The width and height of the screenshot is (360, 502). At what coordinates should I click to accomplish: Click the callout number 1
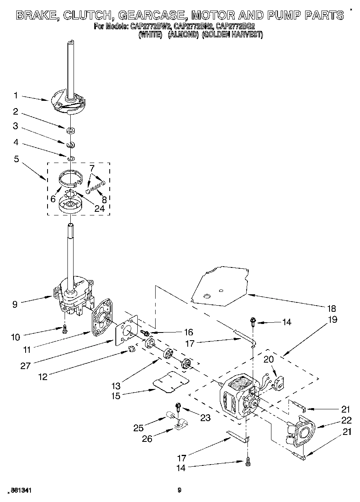click(x=15, y=96)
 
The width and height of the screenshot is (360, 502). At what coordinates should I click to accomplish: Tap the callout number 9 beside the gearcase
click(x=15, y=304)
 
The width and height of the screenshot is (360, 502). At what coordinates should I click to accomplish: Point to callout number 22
click(x=346, y=420)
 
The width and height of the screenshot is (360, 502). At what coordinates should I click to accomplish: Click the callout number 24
click(x=99, y=209)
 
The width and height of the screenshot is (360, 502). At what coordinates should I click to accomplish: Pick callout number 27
click(x=26, y=365)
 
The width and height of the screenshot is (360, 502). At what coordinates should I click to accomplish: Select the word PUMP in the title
click(x=278, y=15)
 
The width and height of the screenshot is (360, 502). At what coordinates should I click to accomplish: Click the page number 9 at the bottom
click(x=179, y=490)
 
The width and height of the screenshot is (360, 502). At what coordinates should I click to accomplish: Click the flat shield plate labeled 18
click(x=219, y=285)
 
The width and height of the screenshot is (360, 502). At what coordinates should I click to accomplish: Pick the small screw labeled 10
click(x=64, y=330)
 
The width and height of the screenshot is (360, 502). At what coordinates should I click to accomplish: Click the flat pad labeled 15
click(x=171, y=382)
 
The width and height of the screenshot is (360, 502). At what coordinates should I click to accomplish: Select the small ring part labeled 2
click(x=71, y=130)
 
